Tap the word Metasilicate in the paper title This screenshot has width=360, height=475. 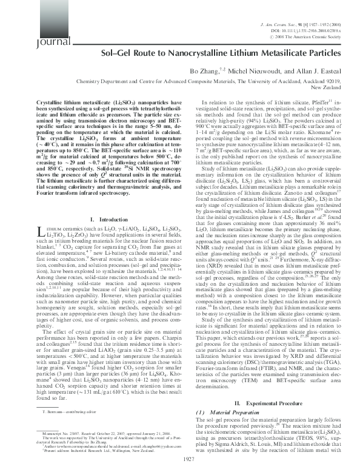(x=273, y=53)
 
